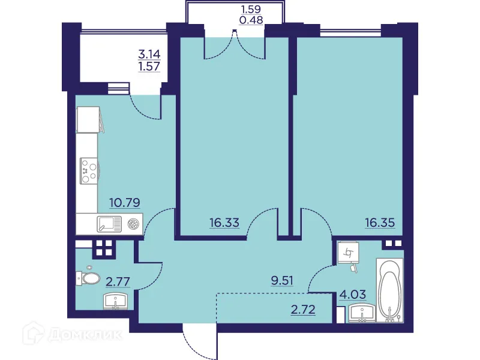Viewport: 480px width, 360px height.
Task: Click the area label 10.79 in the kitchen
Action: [x=125, y=203]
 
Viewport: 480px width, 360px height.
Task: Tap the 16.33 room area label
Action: [x=224, y=223]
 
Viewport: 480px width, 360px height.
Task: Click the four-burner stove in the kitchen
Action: [x=88, y=170]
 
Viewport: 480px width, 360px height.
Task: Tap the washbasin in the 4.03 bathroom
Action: [x=362, y=314]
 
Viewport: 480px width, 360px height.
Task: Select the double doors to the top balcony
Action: [x=234, y=47]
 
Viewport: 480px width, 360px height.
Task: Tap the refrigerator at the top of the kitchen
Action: [x=88, y=119]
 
